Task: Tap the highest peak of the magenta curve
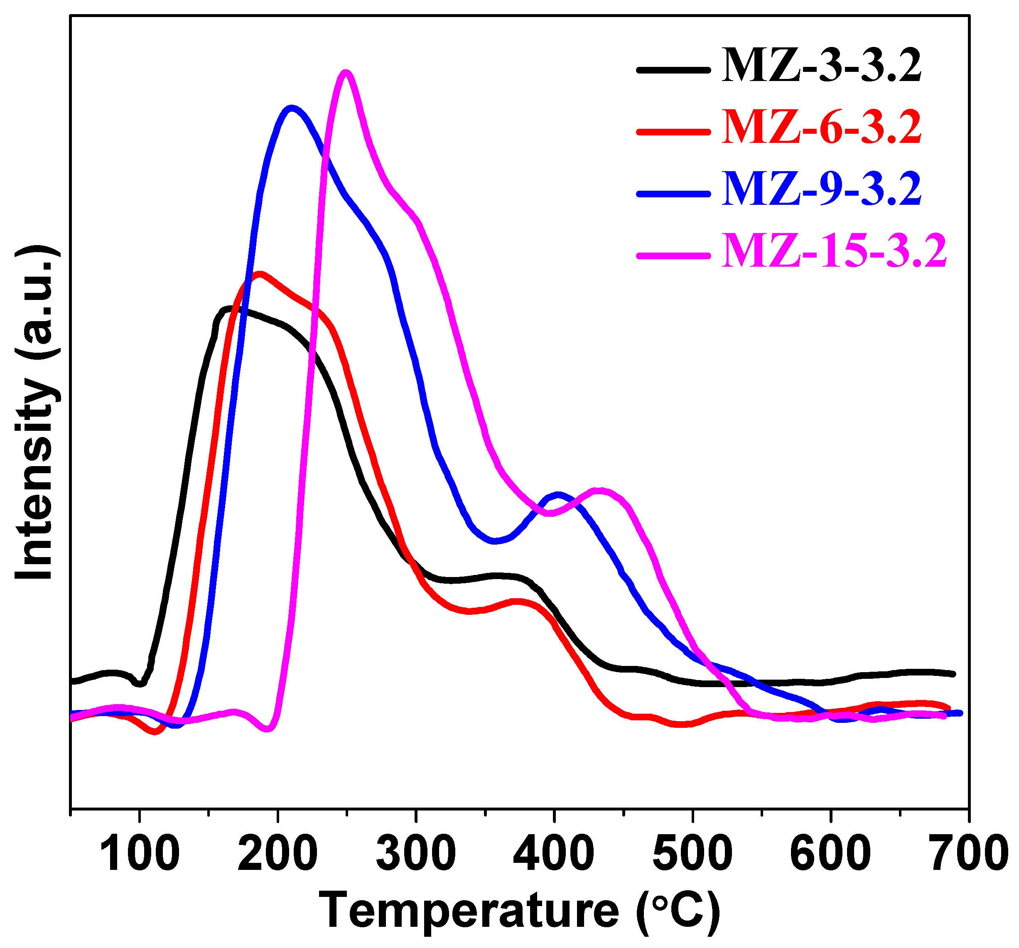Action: coord(346,72)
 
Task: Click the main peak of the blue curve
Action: coord(292,108)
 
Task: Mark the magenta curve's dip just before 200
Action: coord(267,728)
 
